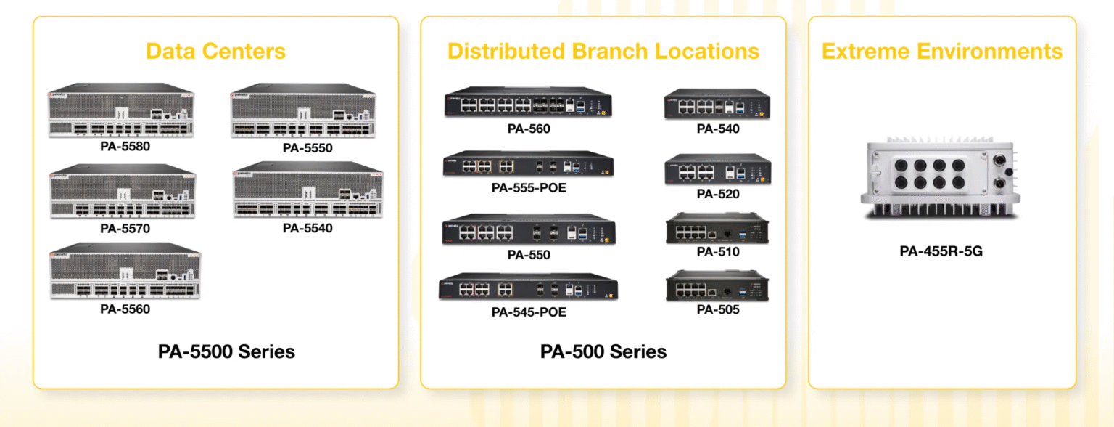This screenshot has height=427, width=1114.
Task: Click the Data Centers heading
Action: (215, 52)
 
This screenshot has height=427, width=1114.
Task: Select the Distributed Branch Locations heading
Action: (603, 52)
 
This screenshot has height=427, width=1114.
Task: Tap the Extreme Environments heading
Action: (941, 52)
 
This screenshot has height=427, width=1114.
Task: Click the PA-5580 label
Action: (125, 145)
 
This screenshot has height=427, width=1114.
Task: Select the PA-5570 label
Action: (125, 229)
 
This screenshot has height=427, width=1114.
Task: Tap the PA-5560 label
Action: (125, 309)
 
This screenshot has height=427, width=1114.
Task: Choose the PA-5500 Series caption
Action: (226, 352)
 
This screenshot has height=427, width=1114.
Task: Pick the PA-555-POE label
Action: (529, 188)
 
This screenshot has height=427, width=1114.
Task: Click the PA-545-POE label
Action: (529, 312)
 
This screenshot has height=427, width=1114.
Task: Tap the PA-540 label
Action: (718, 129)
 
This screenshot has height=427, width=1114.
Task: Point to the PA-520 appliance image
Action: (717, 170)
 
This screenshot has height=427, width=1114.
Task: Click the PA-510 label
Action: (718, 252)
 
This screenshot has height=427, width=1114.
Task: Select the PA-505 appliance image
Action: (717, 285)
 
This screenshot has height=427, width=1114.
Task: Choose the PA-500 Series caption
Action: (603, 352)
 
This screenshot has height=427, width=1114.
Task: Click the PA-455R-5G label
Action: (941, 252)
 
